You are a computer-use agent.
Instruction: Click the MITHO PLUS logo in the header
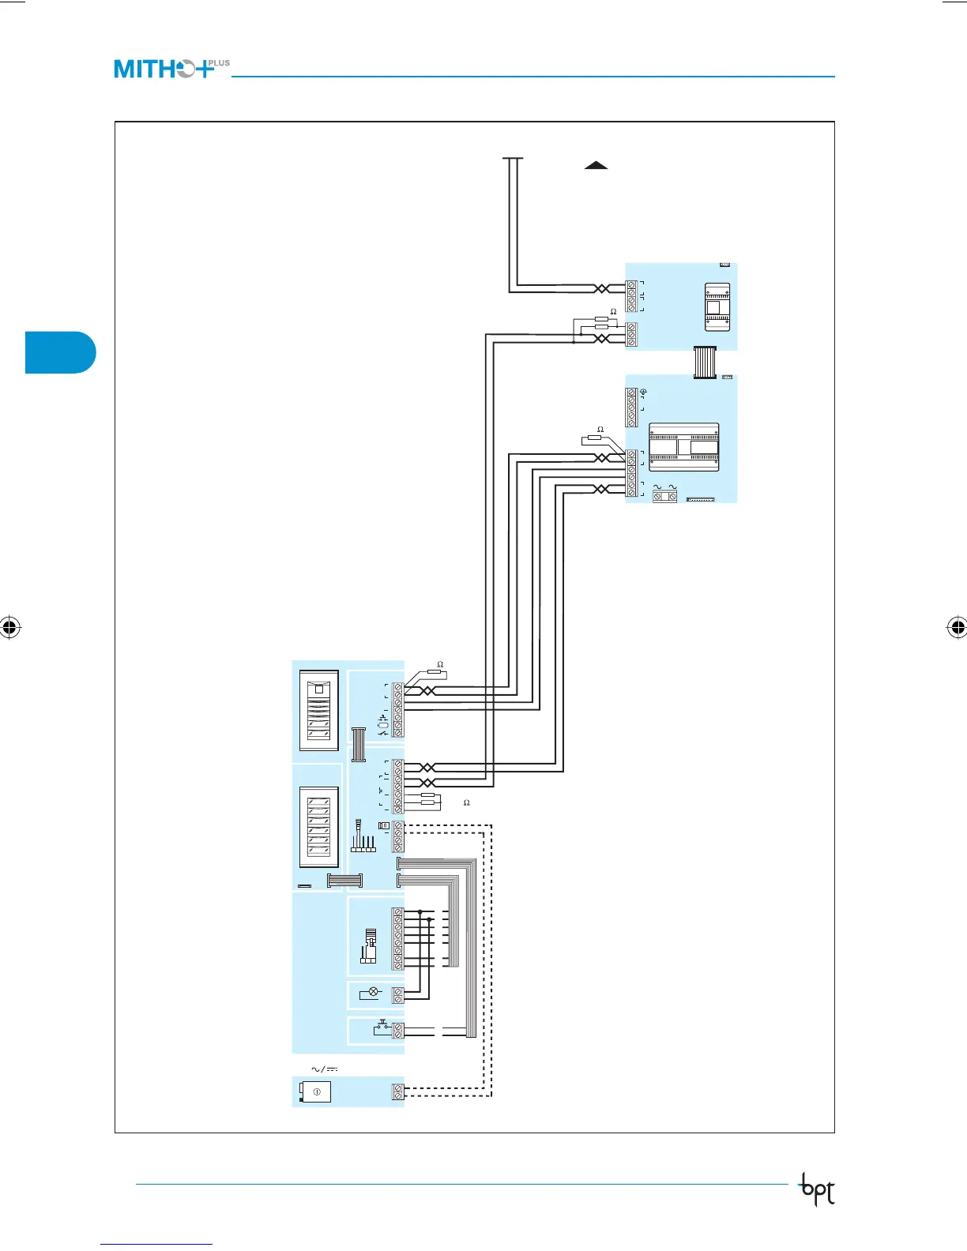click(171, 69)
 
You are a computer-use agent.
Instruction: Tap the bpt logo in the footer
click(817, 1190)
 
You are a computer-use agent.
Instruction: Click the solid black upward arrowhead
click(596, 165)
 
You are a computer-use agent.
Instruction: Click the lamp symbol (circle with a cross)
click(374, 992)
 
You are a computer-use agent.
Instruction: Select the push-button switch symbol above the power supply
click(382, 1028)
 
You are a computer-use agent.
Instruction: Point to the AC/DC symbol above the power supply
click(324, 1069)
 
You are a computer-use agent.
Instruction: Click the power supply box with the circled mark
click(316, 1091)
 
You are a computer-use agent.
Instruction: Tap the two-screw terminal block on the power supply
click(398, 1091)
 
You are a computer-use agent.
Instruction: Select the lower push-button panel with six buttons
click(318, 827)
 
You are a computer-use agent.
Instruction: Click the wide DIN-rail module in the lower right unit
click(683, 448)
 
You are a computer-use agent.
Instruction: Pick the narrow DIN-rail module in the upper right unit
click(717, 306)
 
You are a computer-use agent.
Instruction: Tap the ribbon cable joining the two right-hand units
click(704, 362)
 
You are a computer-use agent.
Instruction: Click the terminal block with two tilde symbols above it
click(664, 496)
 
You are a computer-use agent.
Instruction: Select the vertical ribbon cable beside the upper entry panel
click(359, 744)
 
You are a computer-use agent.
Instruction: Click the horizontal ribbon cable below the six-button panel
click(344, 881)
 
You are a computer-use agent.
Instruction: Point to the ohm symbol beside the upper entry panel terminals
click(440, 665)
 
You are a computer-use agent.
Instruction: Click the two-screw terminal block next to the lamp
click(398, 994)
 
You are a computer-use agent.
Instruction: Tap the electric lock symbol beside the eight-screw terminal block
click(368, 946)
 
